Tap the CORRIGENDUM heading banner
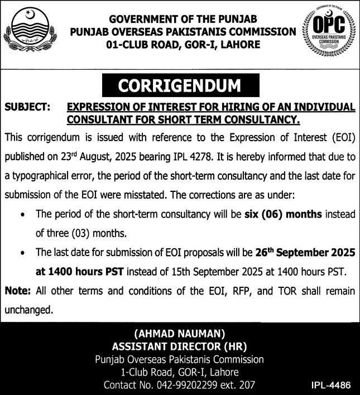(x=180, y=87)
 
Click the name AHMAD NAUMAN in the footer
(x=180, y=335)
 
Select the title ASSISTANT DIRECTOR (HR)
(x=180, y=347)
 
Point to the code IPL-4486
(x=332, y=385)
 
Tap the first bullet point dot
(x=21, y=214)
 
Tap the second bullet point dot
(x=21, y=253)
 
